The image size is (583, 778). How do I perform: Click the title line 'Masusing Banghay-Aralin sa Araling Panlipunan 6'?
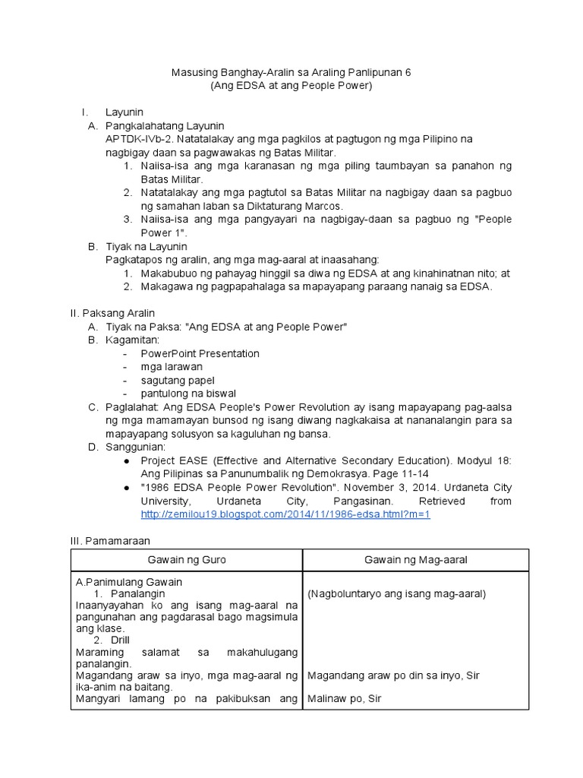tap(291, 72)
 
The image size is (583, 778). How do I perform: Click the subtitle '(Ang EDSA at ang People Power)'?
tap(291, 86)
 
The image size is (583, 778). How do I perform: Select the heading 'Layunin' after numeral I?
tap(124, 112)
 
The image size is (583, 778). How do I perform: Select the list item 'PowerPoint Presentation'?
tap(200, 353)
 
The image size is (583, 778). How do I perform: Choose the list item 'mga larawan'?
tap(171, 366)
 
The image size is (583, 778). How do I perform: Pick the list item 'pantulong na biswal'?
tap(188, 394)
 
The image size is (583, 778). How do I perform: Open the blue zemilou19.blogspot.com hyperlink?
tap(285, 514)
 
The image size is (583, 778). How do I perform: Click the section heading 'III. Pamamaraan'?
tap(110, 541)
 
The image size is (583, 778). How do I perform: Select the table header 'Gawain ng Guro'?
tap(187, 560)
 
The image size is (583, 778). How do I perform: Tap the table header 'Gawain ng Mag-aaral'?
tap(415, 560)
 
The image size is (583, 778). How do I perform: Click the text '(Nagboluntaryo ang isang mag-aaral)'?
tap(396, 593)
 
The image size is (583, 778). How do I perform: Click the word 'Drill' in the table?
tap(120, 640)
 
